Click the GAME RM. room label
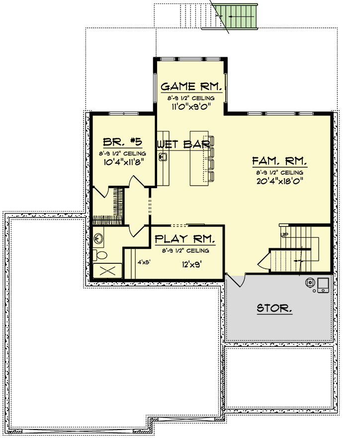pyautogui.click(x=191, y=87)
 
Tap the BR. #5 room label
pyautogui.click(x=122, y=142)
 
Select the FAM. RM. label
pyautogui.click(x=280, y=161)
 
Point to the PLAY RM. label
pyautogui.click(x=185, y=239)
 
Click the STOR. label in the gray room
pyautogui.click(x=274, y=308)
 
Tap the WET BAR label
pyautogui.click(x=184, y=144)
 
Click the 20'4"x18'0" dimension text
pyautogui.click(x=280, y=181)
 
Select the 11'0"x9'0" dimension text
pyautogui.click(x=191, y=107)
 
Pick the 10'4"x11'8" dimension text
pyautogui.click(x=124, y=162)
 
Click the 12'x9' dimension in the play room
pyautogui.click(x=191, y=264)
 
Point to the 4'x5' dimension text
pyautogui.click(x=144, y=262)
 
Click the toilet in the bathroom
pyautogui.click(x=100, y=255)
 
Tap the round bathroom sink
pyautogui.click(x=98, y=238)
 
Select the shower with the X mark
pyautogui.click(x=107, y=270)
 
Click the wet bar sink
pyautogui.click(x=163, y=157)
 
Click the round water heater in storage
pyautogui.click(x=310, y=283)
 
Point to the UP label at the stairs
pyautogui.click(x=284, y=234)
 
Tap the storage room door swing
pyautogui.click(x=236, y=280)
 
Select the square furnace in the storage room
pyautogui.click(x=323, y=285)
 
